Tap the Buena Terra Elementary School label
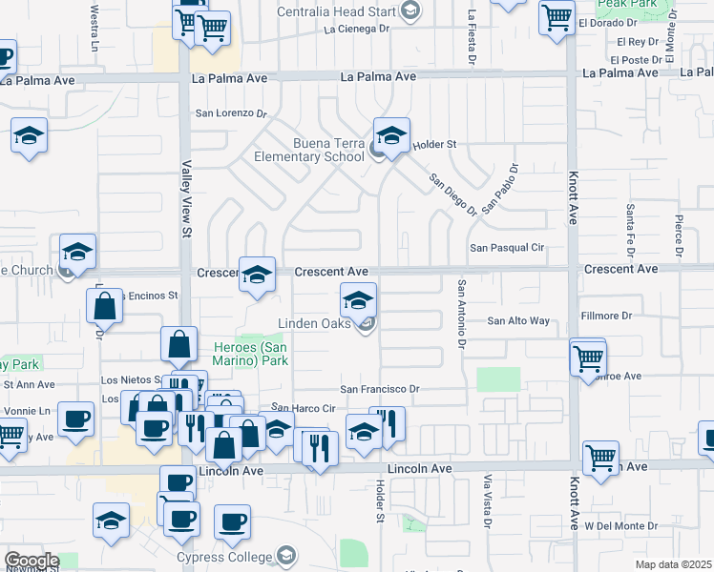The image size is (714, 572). tap(308, 151)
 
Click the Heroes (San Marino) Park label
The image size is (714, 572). tap(249, 355)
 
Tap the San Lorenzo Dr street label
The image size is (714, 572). tap(231, 112)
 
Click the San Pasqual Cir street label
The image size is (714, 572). tap(506, 248)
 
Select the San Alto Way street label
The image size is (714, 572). tap(518, 321)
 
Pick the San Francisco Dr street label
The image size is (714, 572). tap(381, 389)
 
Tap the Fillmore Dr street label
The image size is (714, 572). tap(607, 316)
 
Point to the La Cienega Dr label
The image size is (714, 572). tap(358, 30)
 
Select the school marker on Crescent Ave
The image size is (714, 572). tap(256, 276)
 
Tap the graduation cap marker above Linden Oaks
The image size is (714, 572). tap(358, 301)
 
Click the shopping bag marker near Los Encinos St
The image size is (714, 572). tap(104, 306)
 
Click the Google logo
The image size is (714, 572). tap(31, 561)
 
